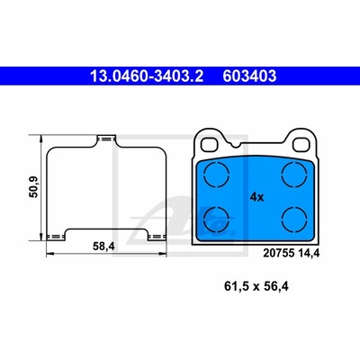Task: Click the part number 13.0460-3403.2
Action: point(147,76)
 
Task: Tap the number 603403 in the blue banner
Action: point(249,76)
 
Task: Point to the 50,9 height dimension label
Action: point(33,187)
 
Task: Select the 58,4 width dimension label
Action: point(103,247)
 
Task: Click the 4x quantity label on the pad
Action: point(256,197)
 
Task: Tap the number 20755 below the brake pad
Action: point(278,254)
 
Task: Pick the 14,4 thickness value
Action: point(309,254)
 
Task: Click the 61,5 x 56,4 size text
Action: point(256,286)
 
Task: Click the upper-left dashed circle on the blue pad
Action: point(216,175)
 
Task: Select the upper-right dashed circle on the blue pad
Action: point(294,175)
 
